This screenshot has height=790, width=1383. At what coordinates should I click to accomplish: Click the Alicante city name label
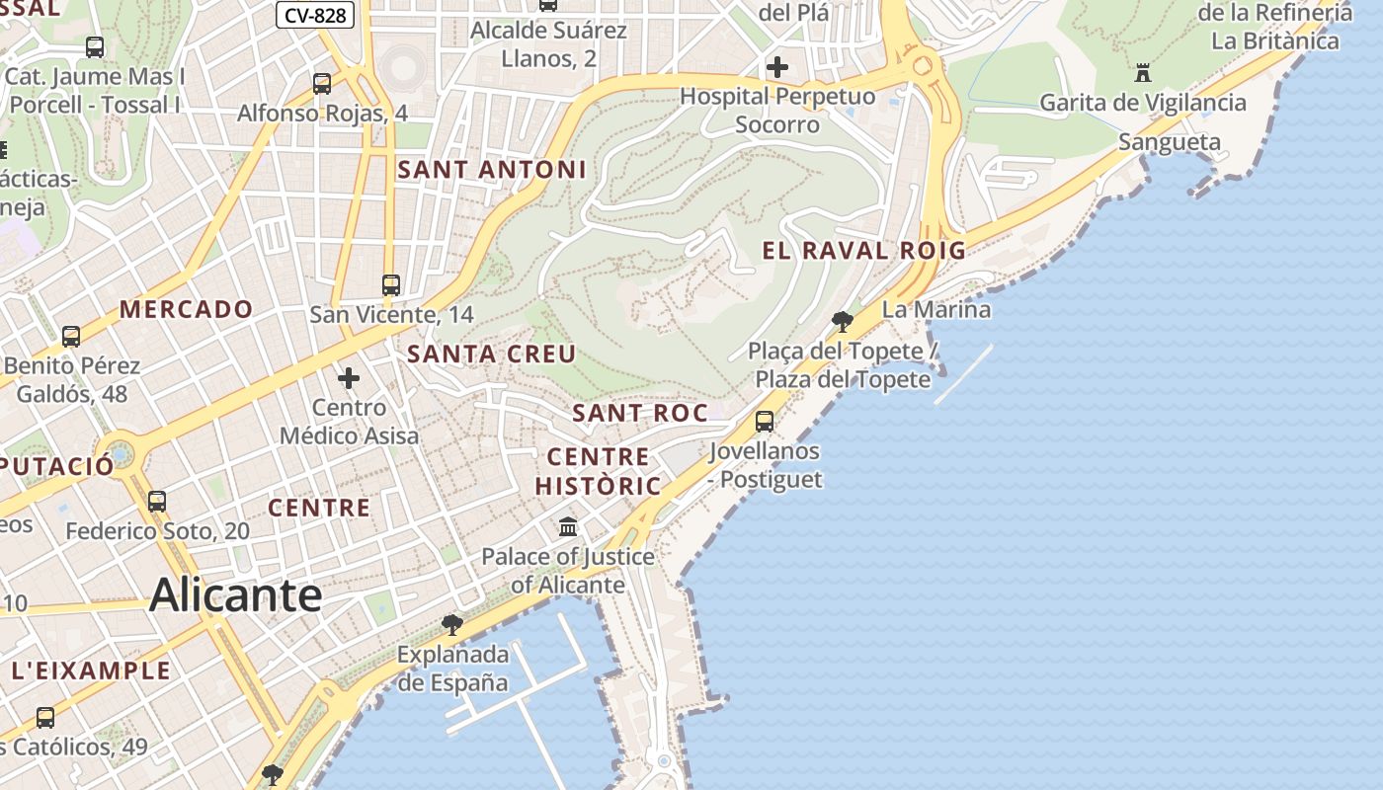(235, 595)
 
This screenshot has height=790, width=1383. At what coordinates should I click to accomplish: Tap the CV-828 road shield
(315, 15)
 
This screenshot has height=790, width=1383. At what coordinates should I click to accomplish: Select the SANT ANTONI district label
(492, 170)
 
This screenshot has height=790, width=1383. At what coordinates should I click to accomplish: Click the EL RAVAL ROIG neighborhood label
(863, 251)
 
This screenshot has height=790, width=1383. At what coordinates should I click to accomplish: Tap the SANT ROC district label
(640, 413)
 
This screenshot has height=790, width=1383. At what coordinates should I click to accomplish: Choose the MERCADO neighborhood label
(187, 309)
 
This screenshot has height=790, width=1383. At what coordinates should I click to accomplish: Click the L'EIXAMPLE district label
(91, 671)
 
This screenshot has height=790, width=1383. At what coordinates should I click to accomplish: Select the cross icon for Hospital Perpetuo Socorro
(777, 67)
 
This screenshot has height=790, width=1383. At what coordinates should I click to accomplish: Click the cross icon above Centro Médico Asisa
(349, 378)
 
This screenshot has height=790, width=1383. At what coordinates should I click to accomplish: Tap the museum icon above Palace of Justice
(568, 526)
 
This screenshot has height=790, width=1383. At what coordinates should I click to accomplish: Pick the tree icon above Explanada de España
(452, 624)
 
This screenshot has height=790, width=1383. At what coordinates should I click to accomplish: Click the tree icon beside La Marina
(843, 321)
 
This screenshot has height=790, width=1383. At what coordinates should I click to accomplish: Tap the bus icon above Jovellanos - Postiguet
(765, 422)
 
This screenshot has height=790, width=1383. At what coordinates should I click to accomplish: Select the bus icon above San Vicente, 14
(391, 285)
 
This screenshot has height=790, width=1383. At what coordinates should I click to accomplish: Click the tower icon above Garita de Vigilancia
(1143, 72)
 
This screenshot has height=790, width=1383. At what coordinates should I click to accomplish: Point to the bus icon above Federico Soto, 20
(157, 501)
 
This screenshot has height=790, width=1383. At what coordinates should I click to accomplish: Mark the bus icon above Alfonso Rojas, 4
(322, 84)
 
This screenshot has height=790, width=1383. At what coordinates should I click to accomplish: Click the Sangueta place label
(1170, 142)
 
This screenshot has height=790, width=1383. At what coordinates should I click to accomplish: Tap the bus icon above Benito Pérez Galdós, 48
(71, 336)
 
